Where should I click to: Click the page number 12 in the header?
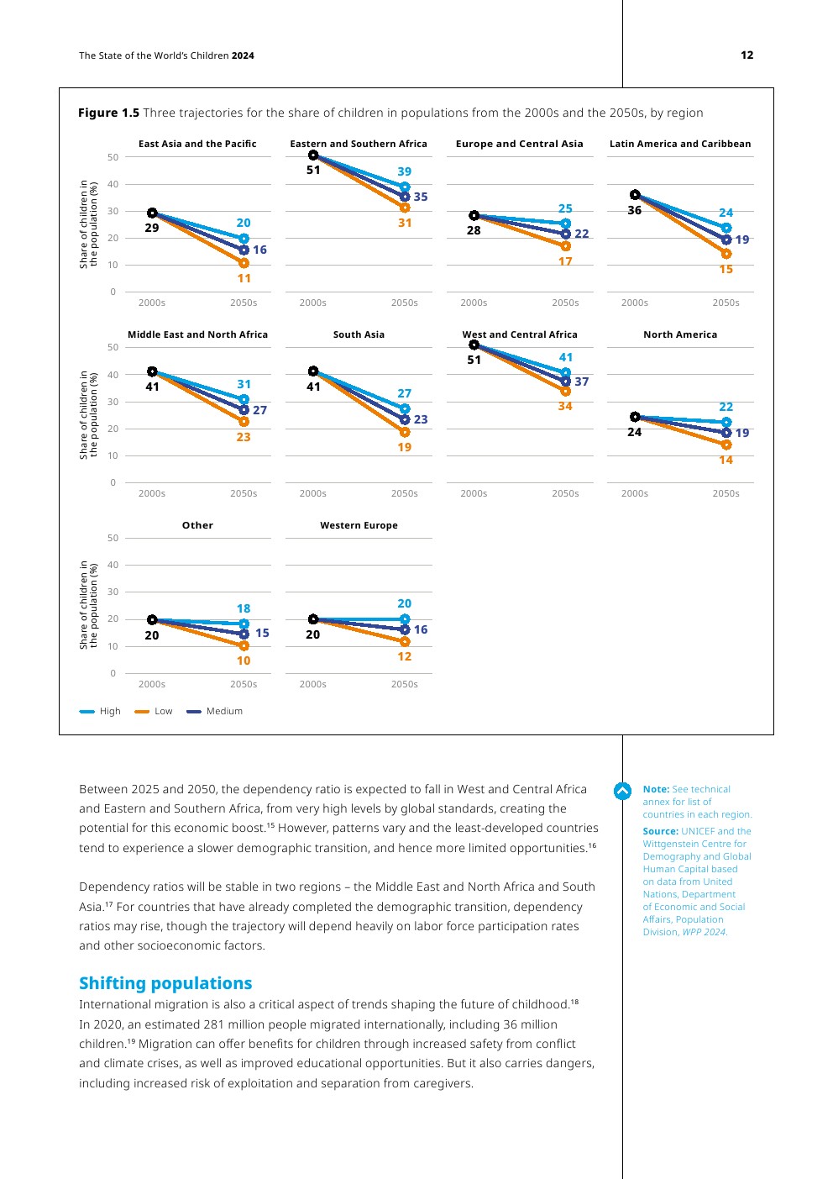(x=747, y=55)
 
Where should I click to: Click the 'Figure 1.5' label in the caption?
(x=108, y=113)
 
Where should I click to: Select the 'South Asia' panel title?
(x=359, y=334)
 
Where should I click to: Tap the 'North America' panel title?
(x=680, y=334)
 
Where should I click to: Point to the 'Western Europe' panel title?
(x=359, y=525)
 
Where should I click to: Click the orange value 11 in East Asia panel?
(x=244, y=278)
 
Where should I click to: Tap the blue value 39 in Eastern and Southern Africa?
(x=405, y=171)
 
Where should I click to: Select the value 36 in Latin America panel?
(x=635, y=210)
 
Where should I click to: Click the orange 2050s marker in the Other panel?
(x=244, y=646)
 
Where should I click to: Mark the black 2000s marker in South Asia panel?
(x=313, y=371)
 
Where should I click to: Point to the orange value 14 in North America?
(x=726, y=460)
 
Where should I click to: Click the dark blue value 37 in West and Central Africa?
(x=582, y=382)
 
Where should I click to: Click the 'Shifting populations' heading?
(x=165, y=983)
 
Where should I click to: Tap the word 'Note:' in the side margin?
(x=656, y=789)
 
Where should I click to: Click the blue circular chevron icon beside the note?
(x=622, y=791)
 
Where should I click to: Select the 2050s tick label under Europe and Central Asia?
(x=565, y=303)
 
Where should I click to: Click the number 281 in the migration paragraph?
(x=216, y=1024)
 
